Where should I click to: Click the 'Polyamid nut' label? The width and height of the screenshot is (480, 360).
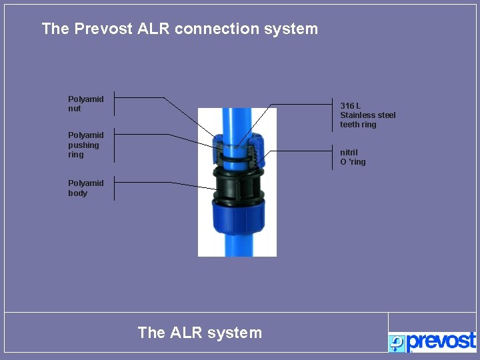point(85,103)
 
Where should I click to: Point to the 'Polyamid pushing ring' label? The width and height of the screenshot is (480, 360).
point(85,145)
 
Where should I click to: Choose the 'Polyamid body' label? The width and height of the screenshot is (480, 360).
point(85,188)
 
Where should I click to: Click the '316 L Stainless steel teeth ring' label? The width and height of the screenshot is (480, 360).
point(367,115)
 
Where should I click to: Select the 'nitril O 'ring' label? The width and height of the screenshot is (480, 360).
point(353,157)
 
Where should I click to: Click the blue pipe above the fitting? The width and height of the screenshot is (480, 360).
point(237,120)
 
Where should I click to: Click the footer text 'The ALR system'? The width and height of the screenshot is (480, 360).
point(199,332)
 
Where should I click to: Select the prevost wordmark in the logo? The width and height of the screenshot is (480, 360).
point(441,341)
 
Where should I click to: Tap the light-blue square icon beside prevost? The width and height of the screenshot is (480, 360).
point(397,343)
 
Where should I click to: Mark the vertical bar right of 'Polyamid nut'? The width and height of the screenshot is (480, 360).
point(113,103)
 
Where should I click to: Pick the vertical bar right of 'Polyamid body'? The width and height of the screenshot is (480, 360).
point(113,188)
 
